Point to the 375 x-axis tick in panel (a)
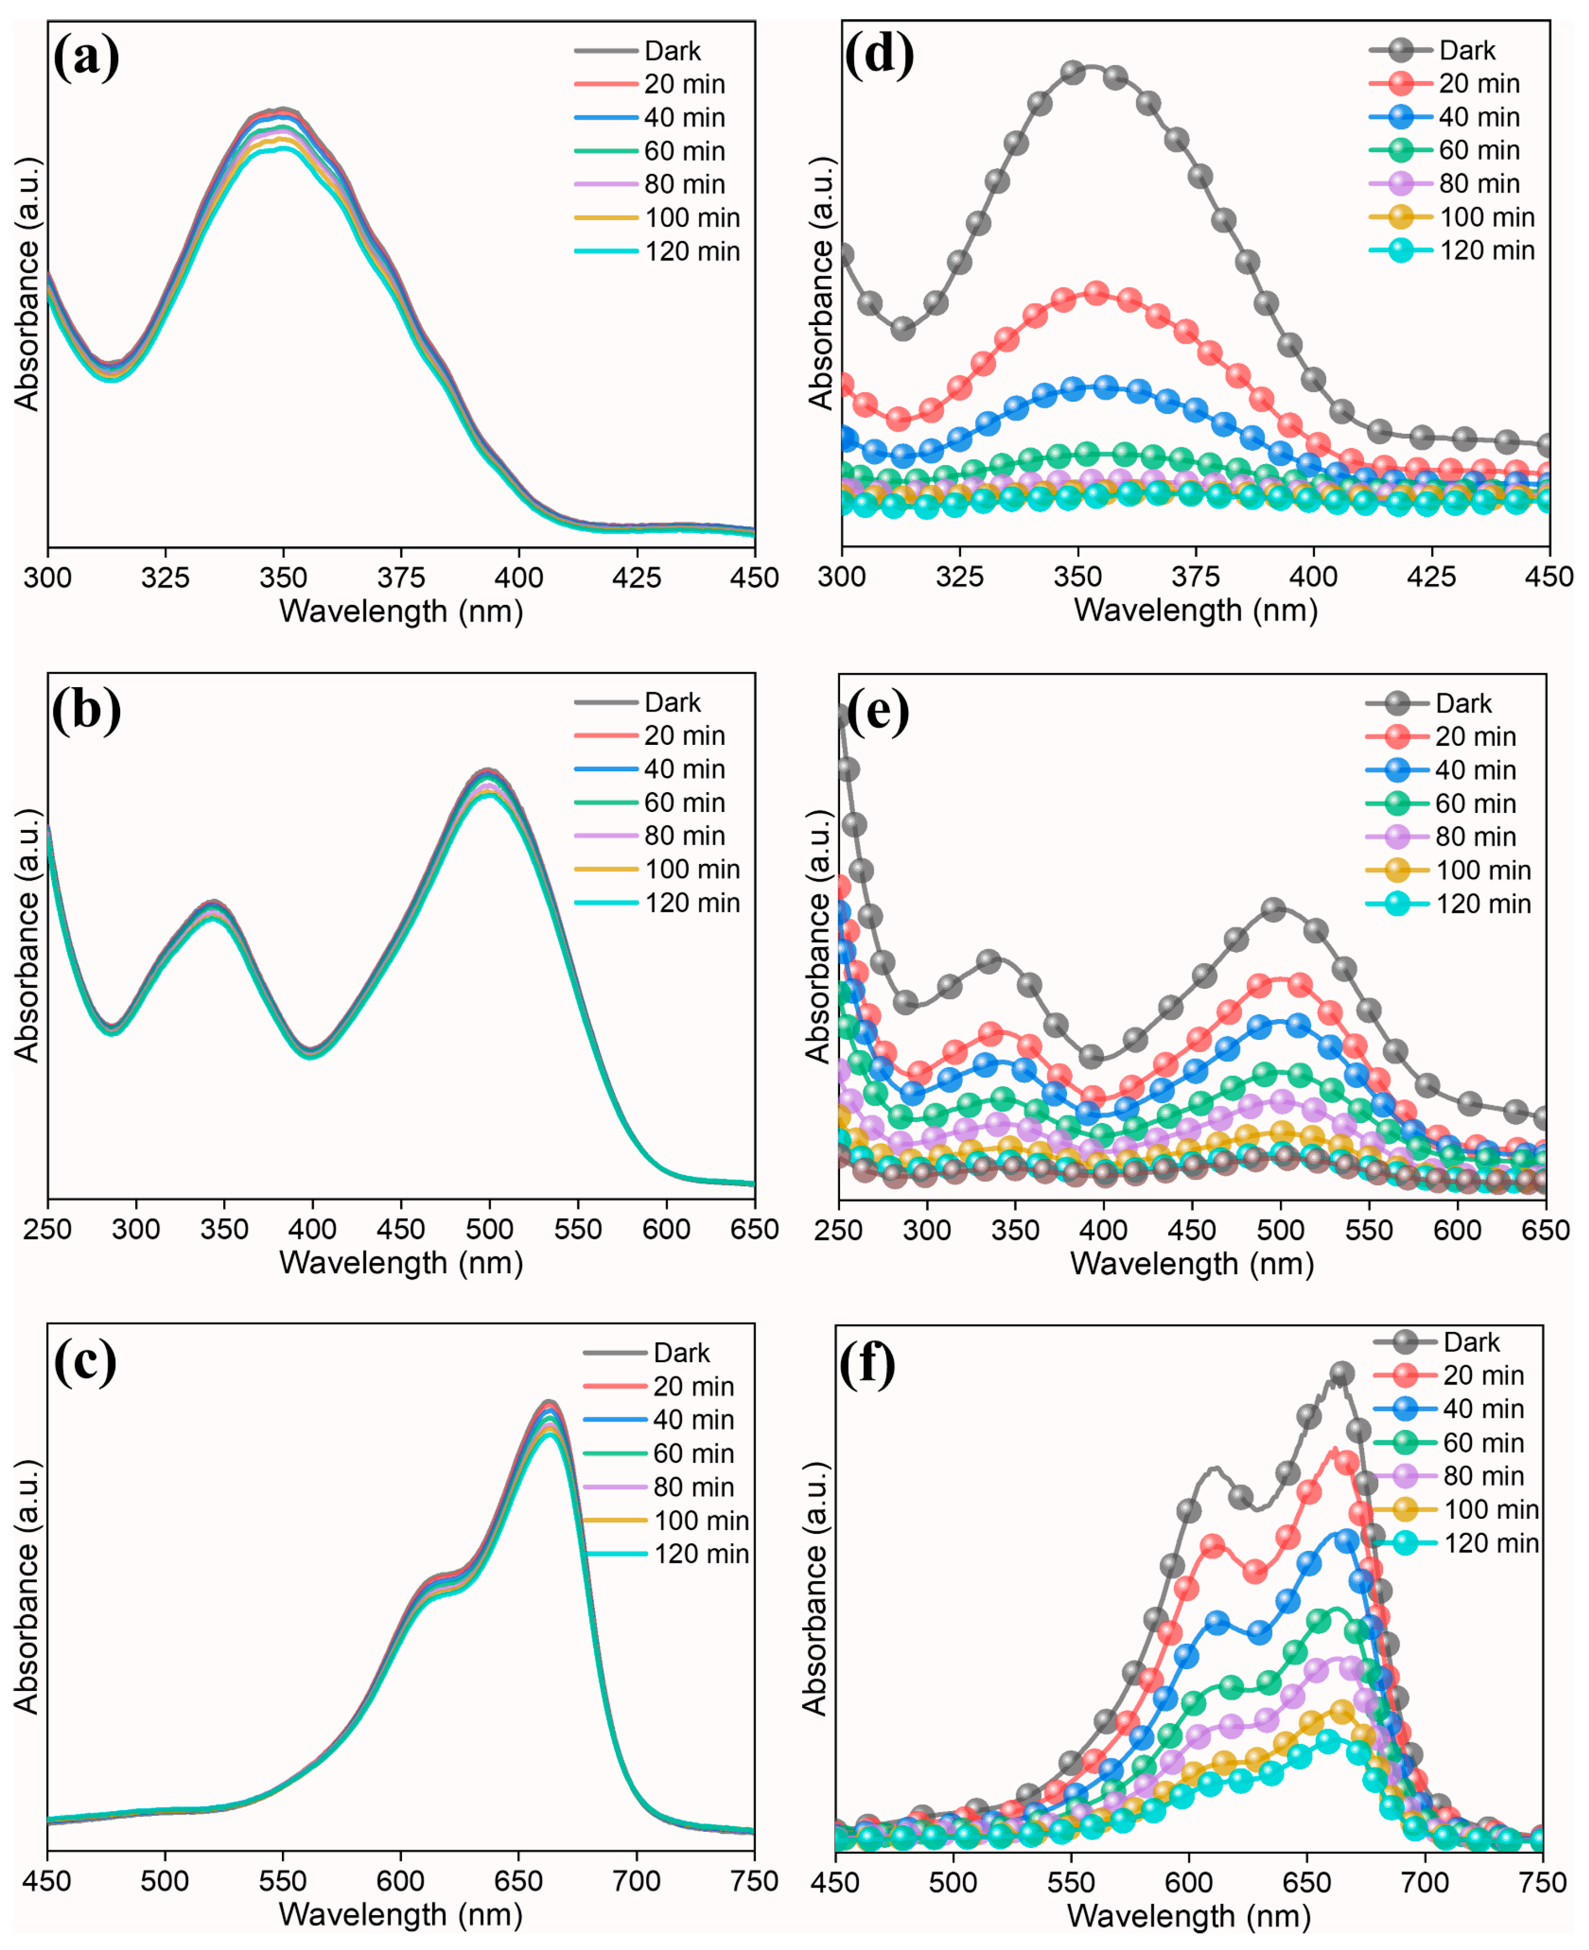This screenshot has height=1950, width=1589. (401, 578)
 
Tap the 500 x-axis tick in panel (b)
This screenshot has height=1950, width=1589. (489, 1229)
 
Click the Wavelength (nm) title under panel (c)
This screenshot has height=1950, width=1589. (401, 1914)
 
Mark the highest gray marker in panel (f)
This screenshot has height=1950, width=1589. (1342, 1373)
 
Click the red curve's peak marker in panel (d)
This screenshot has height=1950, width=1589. (1096, 293)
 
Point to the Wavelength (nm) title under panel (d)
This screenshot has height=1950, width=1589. (1195, 610)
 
